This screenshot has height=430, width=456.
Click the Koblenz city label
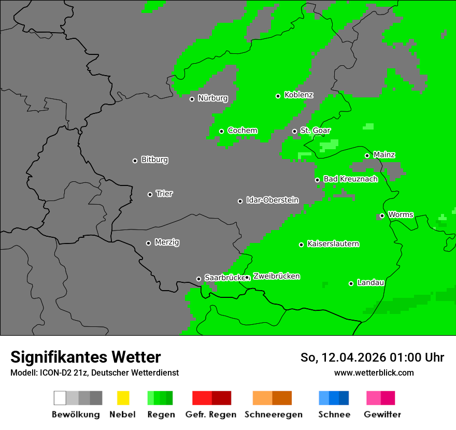coord(299,95)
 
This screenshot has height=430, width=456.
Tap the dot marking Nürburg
coord(192,99)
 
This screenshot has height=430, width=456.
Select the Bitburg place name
coord(154,160)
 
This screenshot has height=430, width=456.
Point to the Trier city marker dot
coord(150,194)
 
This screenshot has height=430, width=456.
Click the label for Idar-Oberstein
coord(273,200)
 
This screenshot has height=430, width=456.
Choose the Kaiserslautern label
coord(333,243)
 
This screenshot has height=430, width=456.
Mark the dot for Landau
coord(351,283)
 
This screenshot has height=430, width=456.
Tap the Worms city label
coord(401,214)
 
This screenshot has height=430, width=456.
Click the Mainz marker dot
coord(367,155)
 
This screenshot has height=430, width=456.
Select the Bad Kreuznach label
coord(350,179)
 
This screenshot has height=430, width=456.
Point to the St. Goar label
coord(316,131)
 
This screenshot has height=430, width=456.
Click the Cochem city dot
coord(221,131)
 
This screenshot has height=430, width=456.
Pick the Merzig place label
coord(167,242)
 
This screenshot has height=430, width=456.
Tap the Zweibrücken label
coord(276,276)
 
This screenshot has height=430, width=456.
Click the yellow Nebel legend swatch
coord(123,398)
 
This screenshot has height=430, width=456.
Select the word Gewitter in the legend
coord(382,414)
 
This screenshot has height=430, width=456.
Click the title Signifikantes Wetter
coord(85,357)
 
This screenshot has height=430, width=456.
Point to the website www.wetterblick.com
coord(374,372)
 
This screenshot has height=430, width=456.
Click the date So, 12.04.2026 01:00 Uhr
coord(372,357)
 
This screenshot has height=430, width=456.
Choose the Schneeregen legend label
coord(273,414)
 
